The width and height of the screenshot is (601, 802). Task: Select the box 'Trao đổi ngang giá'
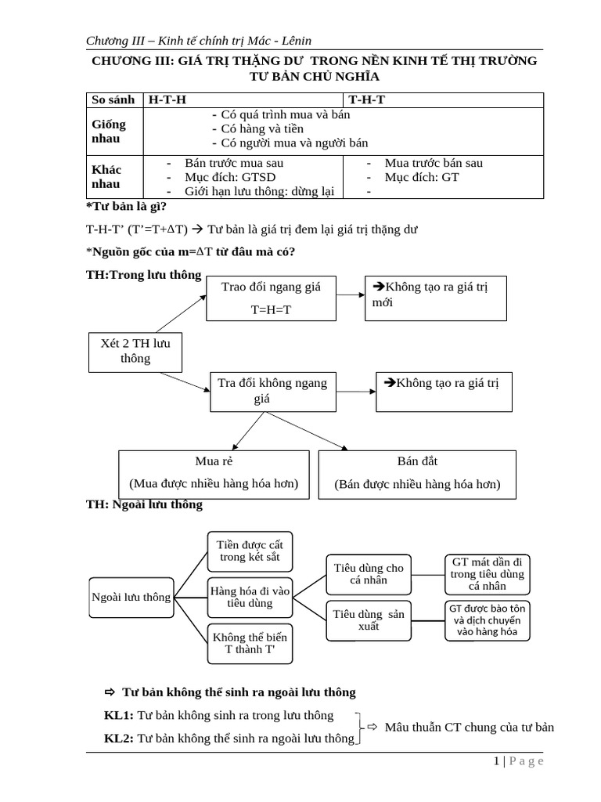pyautogui.click(x=270, y=298)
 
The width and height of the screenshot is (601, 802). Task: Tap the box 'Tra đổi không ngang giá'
pyautogui.click(x=272, y=391)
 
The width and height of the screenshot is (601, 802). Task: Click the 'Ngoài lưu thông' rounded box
pyautogui.click(x=131, y=597)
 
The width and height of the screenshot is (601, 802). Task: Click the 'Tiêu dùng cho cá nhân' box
pyautogui.click(x=369, y=574)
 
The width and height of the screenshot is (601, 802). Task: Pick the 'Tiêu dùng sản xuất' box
pyautogui.click(x=369, y=620)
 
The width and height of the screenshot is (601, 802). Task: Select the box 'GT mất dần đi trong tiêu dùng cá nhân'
pyautogui.click(x=488, y=574)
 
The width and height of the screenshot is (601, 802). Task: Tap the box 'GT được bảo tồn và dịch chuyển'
pyautogui.click(x=488, y=620)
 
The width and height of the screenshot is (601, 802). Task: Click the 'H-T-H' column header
pyautogui.click(x=168, y=99)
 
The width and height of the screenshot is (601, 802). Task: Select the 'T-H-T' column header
pyautogui.click(x=361, y=99)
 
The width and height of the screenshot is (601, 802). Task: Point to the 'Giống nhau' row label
pyautogui.click(x=109, y=131)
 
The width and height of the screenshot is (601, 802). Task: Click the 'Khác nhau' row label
pyautogui.click(x=106, y=176)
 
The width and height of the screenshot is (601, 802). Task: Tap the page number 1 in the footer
pyautogui.click(x=496, y=761)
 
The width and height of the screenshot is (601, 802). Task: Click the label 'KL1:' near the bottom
pyautogui.click(x=120, y=715)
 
